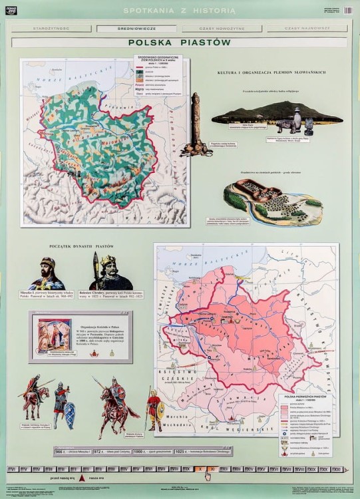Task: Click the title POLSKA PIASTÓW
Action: (x=180, y=42)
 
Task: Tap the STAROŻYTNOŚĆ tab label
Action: (x=53, y=29)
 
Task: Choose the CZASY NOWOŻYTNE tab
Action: (x=221, y=29)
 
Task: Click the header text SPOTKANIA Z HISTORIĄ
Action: (x=180, y=11)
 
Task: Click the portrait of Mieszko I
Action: (x=50, y=272)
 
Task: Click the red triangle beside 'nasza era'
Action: (x=81, y=478)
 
